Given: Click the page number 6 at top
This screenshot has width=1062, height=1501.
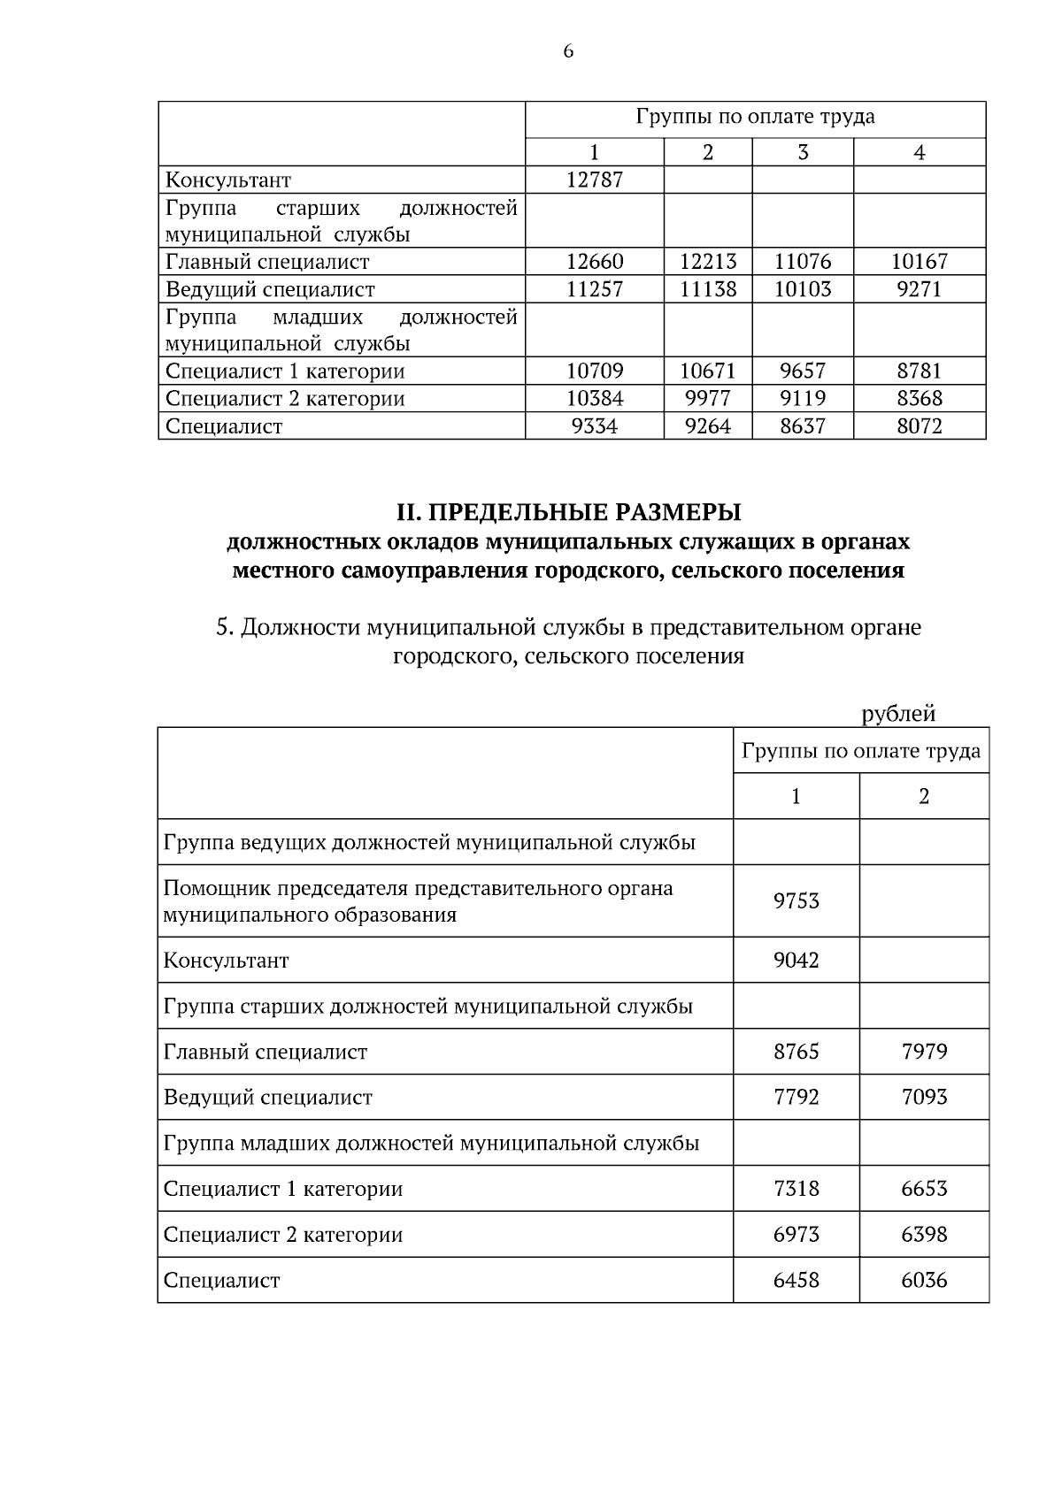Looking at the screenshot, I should (x=568, y=51).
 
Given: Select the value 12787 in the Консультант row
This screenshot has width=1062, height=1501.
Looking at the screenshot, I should (x=595, y=180).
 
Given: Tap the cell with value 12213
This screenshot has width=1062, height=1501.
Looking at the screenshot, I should (x=708, y=262).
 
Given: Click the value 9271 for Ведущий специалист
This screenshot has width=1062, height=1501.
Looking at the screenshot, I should (x=919, y=289).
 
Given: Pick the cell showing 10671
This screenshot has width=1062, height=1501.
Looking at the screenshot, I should (x=708, y=371).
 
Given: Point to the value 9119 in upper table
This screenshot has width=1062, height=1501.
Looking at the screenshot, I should (x=803, y=398).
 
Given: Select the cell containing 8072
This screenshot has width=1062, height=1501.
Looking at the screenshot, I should (x=919, y=426).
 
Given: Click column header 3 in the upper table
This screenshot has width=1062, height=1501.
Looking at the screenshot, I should (x=803, y=152).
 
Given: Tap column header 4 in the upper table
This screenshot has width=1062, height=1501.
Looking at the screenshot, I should (x=919, y=152).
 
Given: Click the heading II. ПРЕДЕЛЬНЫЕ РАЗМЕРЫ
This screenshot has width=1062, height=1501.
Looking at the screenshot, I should (x=568, y=512).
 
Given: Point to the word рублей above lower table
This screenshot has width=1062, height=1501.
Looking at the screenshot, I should (x=898, y=713).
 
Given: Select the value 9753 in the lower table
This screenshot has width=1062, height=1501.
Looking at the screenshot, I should (x=796, y=900).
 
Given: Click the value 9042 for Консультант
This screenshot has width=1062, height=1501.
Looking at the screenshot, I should (x=796, y=960).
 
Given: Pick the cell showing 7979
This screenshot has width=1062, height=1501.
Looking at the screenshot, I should (x=924, y=1052).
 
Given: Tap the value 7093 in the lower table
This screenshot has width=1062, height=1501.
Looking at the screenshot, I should (x=924, y=1097).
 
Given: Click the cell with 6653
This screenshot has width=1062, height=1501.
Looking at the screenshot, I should (x=924, y=1188).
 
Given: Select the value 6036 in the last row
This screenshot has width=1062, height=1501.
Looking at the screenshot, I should (x=924, y=1280).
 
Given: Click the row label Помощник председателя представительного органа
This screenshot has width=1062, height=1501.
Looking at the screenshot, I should (x=418, y=888).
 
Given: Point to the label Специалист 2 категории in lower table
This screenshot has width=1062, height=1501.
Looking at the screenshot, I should (x=283, y=1234).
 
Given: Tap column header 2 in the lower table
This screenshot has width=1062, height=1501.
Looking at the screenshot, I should (x=924, y=796).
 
